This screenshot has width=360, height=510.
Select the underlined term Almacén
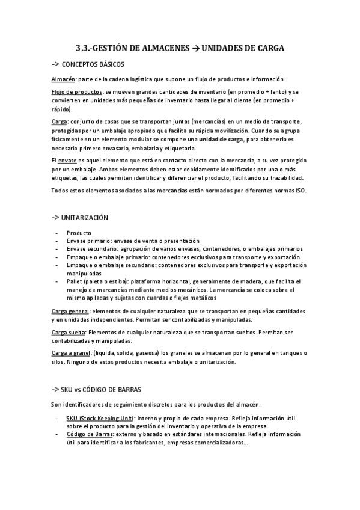(x=63, y=79)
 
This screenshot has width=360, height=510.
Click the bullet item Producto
(x=79, y=232)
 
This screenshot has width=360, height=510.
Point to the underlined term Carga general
(x=69, y=310)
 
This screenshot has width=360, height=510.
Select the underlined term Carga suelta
(x=68, y=331)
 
